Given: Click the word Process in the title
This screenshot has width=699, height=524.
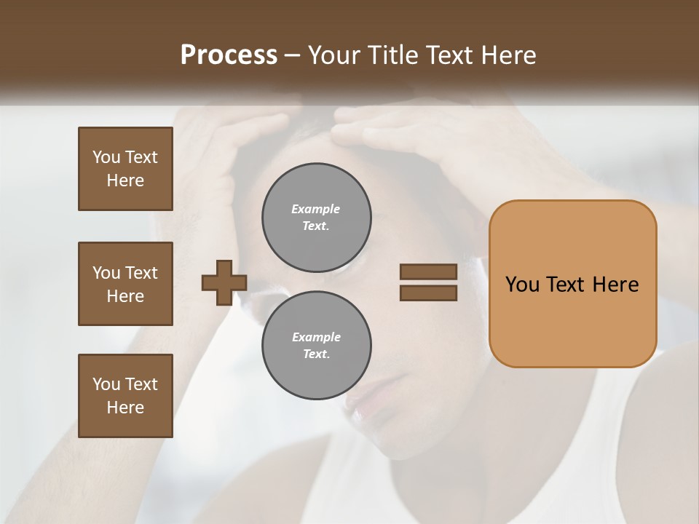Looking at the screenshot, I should click(229, 55).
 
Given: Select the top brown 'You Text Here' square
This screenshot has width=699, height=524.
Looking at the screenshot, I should click(125, 169).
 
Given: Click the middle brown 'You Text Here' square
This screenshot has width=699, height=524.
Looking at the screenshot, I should click(125, 284).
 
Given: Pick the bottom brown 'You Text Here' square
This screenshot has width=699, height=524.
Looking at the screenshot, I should click(125, 396).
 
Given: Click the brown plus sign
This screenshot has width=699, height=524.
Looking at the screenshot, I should click(224, 282).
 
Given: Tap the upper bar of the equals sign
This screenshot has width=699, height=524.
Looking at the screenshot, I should click(428, 271).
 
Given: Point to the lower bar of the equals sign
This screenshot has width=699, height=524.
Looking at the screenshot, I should click(428, 293).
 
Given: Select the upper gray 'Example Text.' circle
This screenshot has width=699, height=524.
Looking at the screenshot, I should click(317, 217).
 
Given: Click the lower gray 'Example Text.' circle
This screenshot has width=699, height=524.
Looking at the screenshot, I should click(317, 345).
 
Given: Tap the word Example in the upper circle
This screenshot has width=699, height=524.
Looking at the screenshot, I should click(316, 209).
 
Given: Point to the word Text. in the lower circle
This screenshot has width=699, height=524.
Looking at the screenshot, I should click(316, 354).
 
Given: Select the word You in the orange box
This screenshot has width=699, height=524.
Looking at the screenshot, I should click(522, 285).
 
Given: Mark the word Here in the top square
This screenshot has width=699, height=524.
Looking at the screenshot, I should click(125, 180).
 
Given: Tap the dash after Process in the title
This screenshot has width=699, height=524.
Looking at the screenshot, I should click(293, 55).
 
